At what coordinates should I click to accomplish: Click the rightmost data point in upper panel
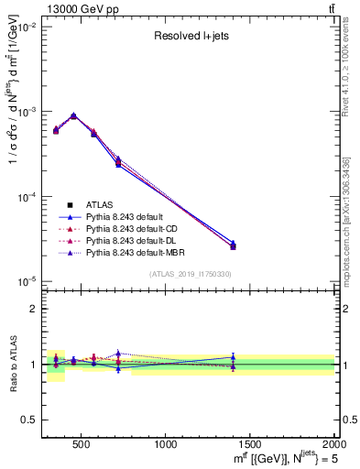coord(233,245)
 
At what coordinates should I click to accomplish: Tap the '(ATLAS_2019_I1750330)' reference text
coord(190,274)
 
